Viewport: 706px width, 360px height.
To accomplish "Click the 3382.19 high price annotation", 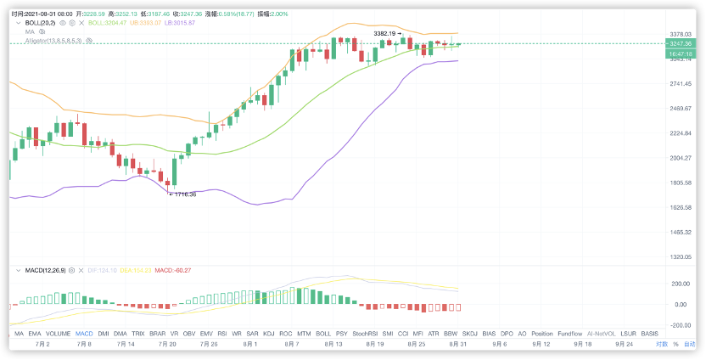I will [x=385, y=33].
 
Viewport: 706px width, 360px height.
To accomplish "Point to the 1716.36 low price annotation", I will [x=184, y=194].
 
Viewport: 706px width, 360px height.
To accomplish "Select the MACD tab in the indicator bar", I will [x=84, y=335].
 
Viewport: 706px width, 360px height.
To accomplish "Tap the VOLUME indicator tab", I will [x=58, y=335].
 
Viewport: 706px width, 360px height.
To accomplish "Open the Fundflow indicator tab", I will [x=569, y=335].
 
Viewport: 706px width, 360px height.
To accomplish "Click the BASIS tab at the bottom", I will [x=650, y=335].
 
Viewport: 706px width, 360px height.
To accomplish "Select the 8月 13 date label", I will [x=333, y=345].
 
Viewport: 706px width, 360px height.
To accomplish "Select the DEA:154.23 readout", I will [x=137, y=270].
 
